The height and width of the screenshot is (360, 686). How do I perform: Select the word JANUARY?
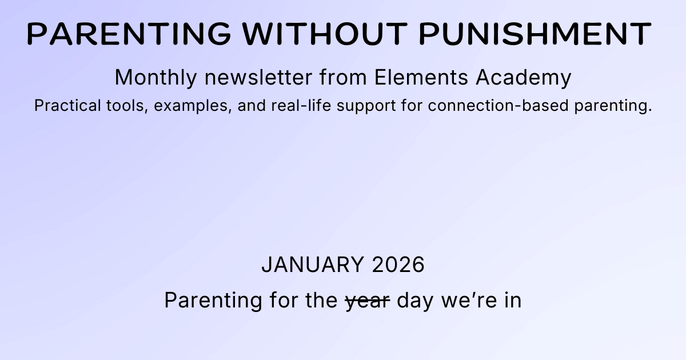click(312, 265)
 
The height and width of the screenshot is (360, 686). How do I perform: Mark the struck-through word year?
click(368, 301)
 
